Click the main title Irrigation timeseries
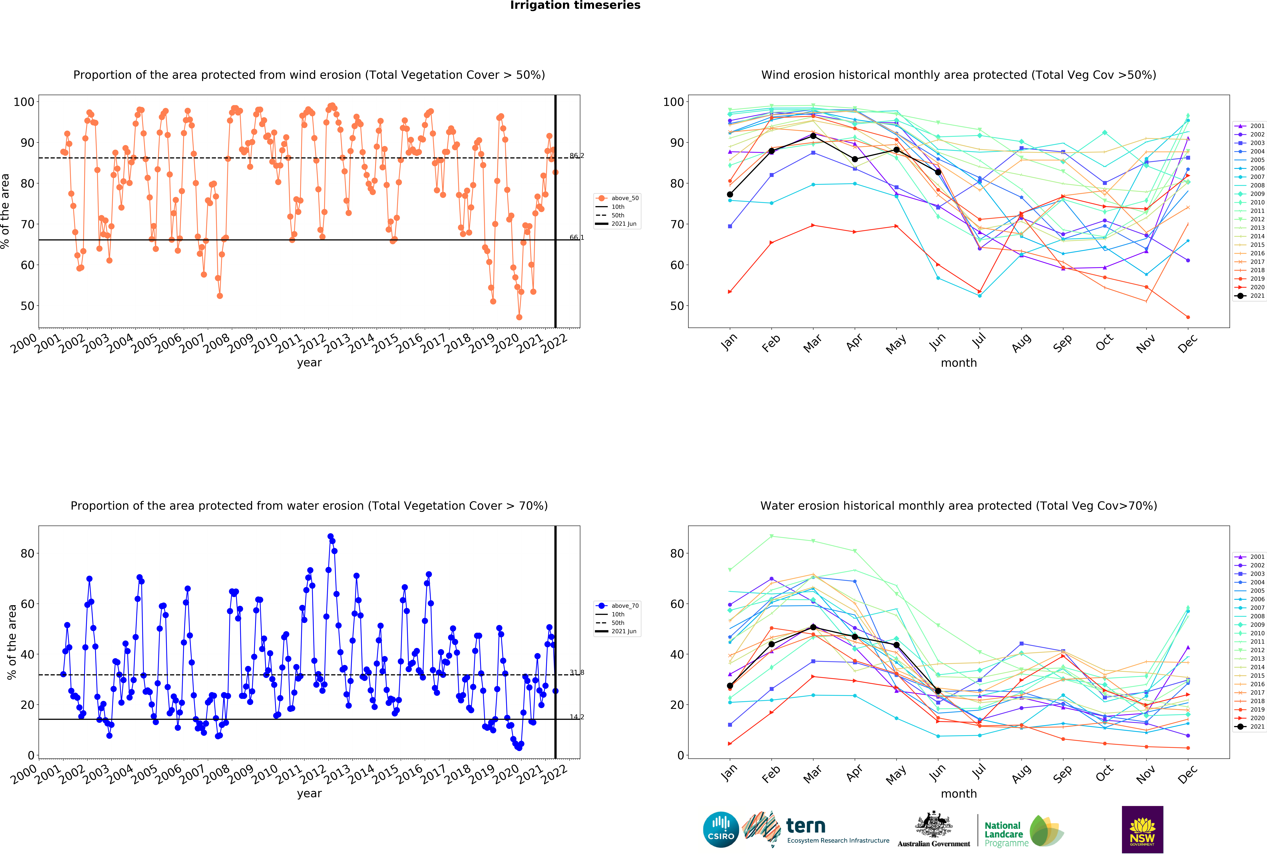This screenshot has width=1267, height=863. [x=575, y=5]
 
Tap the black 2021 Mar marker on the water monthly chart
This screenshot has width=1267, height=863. [x=813, y=627]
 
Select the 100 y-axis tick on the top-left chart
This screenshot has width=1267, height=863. [x=24, y=102]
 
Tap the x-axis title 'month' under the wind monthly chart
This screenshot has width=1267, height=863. [x=958, y=363]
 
